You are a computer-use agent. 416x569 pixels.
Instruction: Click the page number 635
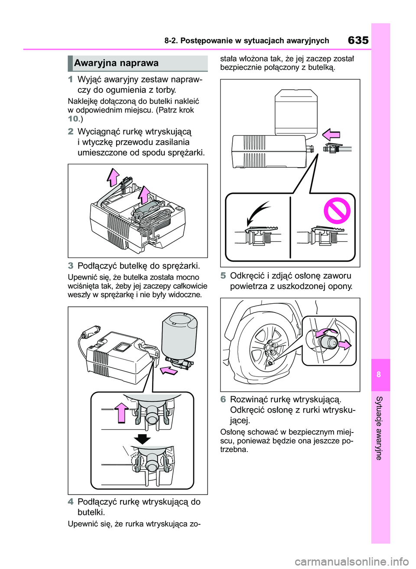[x=358, y=40]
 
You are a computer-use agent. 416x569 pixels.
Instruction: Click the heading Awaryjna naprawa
[x=116, y=63]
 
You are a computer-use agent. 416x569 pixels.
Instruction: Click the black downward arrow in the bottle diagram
[x=142, y=439]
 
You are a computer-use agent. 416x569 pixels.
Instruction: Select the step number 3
[x=71, y=266]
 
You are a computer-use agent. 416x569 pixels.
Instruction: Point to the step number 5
[x=223, y=276]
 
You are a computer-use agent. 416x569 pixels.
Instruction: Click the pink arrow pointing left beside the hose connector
[x=331, y=135]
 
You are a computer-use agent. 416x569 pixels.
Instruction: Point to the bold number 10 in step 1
[x=73, y=119]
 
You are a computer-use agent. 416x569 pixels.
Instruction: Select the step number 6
[x=223, y=399]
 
